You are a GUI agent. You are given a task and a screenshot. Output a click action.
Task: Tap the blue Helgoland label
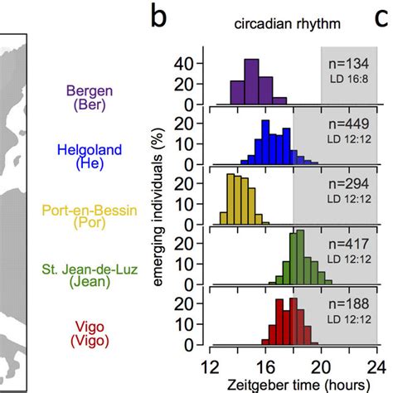coord(85,157)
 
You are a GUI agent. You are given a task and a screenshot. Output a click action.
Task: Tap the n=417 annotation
coord(348,244)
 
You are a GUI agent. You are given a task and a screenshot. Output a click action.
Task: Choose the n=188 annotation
coord(348,302)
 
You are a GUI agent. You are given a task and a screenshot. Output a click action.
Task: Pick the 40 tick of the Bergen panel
coord(187,63)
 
